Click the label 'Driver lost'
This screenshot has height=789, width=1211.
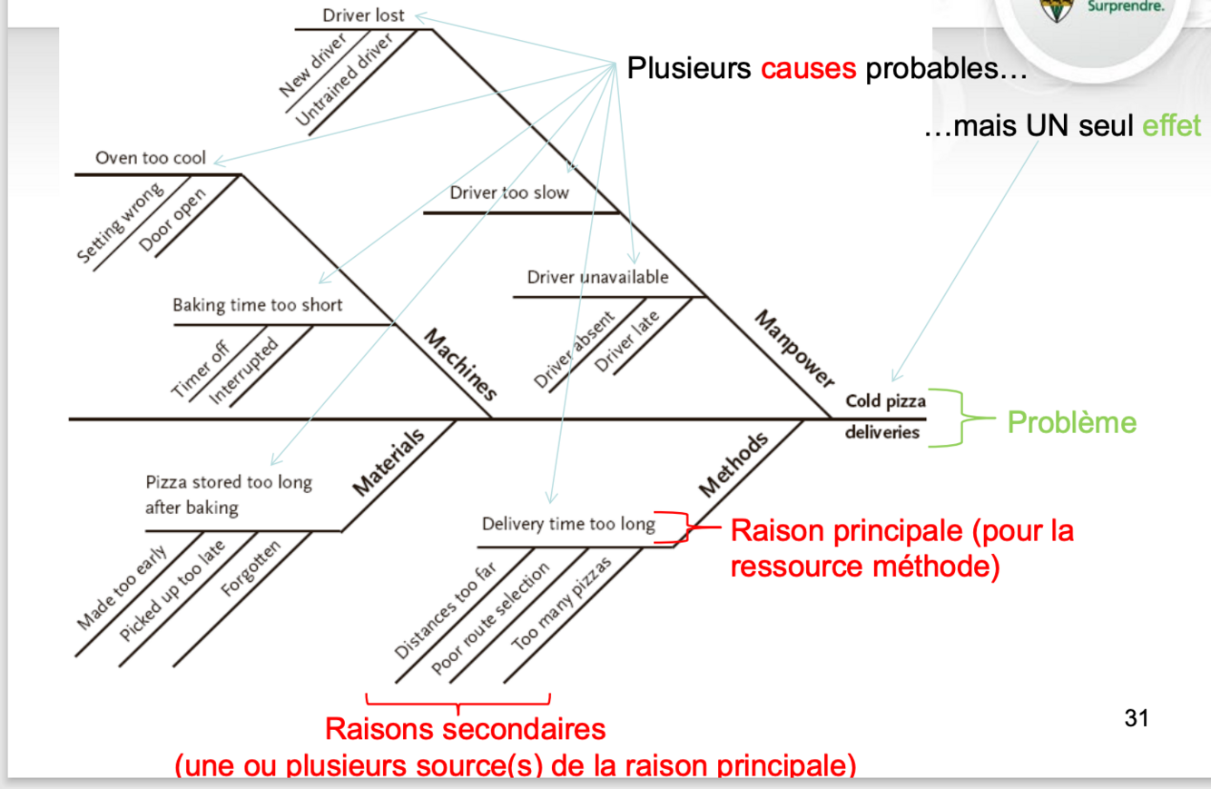(363, 15)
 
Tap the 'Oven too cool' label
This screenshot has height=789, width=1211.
(151, 158)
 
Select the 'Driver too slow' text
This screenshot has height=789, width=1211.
(509, 192)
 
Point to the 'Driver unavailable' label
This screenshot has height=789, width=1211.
(597, 277)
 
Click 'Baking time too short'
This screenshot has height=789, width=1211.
(258, 305)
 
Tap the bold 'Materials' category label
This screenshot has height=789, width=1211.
(389, 463)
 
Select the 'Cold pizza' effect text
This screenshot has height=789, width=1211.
(885, 401)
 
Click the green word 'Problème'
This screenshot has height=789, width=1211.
(1071, 422)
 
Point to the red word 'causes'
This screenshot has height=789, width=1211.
(808, 69)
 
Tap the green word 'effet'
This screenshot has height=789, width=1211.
(1172, 125)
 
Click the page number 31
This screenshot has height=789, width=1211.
(1136, 718)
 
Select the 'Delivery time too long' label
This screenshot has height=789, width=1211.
(568, 525)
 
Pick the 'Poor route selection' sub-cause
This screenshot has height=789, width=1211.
(490, 617)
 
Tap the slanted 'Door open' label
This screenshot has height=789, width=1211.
(172, 220)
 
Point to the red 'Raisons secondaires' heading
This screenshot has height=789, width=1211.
(465, 729)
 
